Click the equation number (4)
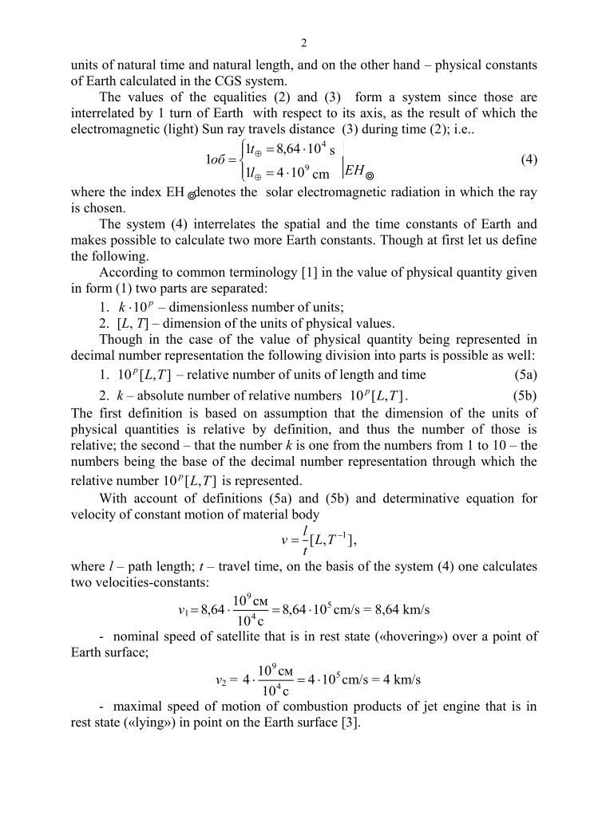(x=529, y=160)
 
